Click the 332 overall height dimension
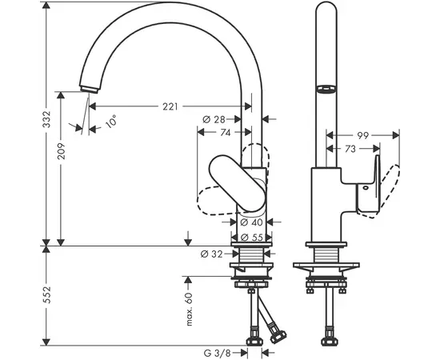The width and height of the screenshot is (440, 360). (46, 119)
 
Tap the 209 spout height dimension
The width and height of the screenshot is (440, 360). (61, 151)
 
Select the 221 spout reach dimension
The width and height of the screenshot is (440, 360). (170, 106)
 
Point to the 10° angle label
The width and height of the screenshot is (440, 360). (111, 122)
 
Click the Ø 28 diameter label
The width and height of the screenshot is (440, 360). (214, 119)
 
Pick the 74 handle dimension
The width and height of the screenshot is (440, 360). (225, 133)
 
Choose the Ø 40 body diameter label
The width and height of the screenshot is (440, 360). (252, 222)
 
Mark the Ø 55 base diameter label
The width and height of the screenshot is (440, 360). (252, 238)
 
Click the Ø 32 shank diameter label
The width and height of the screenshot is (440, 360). (212, 254)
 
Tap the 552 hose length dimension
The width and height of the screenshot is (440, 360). (46, 294)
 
